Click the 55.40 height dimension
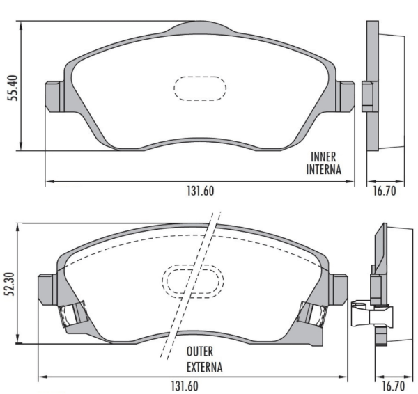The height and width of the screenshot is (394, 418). [13, 88]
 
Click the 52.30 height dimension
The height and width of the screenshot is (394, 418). [10, 284]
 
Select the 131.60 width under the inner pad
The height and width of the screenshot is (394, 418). [201, 191]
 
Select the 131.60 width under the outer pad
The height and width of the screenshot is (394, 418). [185, 386]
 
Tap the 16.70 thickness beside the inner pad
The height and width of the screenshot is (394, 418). [385, 191]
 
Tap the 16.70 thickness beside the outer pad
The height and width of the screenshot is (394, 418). [394, 386]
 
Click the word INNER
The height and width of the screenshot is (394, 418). [323, 157]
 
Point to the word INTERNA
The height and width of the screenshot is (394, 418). [324, 169]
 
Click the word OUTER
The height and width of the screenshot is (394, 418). [200, 352]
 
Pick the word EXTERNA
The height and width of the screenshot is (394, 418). [204, 367]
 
